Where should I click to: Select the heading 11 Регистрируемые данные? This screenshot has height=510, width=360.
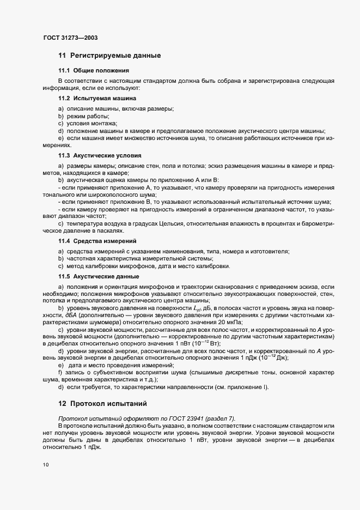pos(109,56)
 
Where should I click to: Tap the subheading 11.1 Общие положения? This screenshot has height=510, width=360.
pos(94,71)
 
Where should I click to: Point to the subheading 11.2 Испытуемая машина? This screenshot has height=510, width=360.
pos(97,98)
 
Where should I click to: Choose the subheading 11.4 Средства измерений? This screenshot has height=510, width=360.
pos(97,240)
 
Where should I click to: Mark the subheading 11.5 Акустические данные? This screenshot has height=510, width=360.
pos(99,276)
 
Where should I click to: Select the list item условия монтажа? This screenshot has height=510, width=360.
pos(90,124)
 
